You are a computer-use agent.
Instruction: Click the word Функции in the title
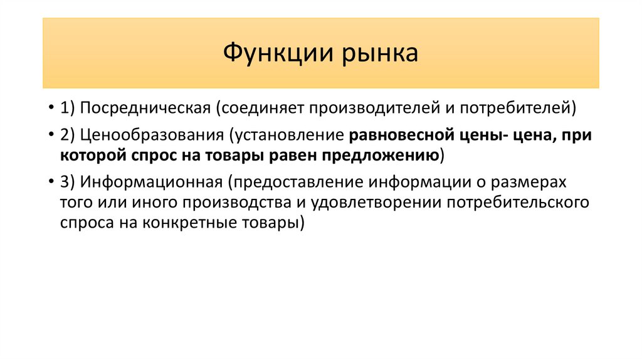278,53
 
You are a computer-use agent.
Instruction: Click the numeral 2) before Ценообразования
68,135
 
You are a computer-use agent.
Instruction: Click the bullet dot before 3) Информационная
51,182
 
